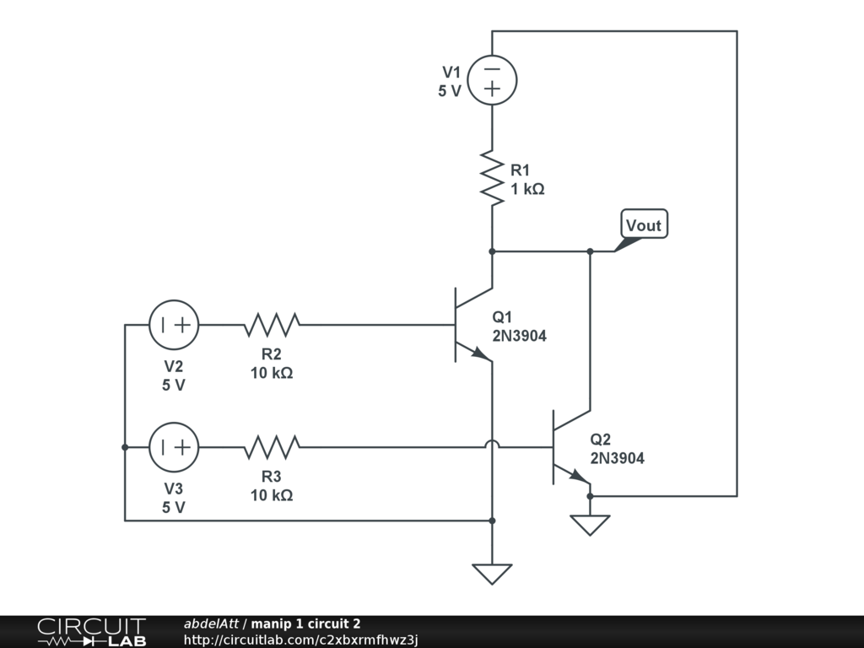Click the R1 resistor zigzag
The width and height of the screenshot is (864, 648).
coord(492,177)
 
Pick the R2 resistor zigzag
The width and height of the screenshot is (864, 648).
coord(272,325)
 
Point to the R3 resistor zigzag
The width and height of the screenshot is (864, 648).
coord(272,447)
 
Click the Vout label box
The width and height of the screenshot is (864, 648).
coord(644,224)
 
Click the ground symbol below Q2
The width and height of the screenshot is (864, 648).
coord(590,525)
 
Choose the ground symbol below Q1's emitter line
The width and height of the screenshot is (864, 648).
coord(492,574)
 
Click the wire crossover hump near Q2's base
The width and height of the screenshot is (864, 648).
coord(492,442)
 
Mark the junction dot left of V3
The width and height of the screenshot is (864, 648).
coord(125,447)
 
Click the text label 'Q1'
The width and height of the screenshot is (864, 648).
coord(502,317)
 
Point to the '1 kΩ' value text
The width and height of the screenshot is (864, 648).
coord(527,189)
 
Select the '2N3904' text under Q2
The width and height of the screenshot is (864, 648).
coord(617,458)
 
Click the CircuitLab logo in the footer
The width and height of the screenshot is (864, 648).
coord(91,631)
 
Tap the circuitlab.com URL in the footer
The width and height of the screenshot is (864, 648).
coord(301,640)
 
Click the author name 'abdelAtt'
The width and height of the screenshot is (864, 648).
coord(211,624)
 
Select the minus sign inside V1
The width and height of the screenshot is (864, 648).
coord(492,69)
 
